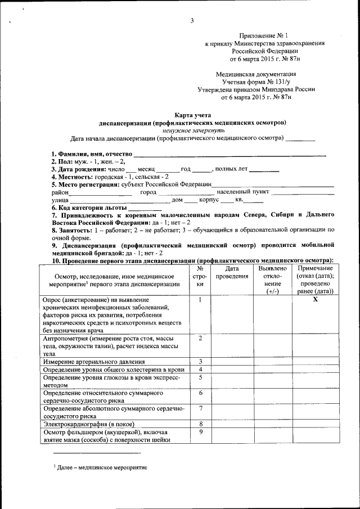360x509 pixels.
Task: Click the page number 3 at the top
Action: tap(192, 21)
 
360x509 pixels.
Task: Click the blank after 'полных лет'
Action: tap(264, 169)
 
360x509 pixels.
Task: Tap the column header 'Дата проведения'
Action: tap(232, 273)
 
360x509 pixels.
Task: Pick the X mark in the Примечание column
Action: tap(315, 300)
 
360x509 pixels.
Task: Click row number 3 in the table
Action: tap(200, 361)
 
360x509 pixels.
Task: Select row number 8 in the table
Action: tap(200, 424)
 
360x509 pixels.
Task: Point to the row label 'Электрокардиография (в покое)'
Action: tap(89, 424)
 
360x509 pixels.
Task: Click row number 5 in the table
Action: tap(200, 377)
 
